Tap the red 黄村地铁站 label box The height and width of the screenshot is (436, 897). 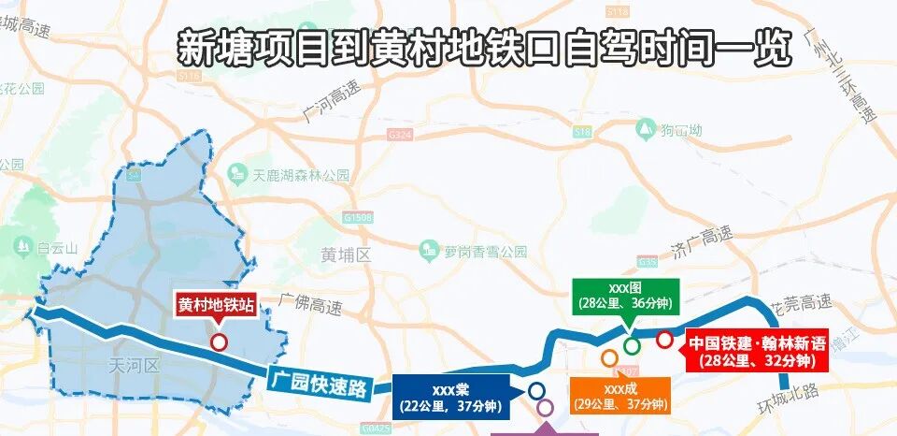pos(217,305)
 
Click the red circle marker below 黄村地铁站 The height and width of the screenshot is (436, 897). pos(219,342)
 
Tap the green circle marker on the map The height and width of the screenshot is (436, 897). pos(633,345)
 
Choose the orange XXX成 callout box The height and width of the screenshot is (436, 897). pos(621,397)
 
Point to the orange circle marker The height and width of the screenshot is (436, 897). pos(609,357)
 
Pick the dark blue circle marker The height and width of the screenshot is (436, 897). pos(536,389)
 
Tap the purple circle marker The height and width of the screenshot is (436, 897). pos(545,407)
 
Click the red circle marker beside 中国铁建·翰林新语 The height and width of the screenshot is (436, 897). pos(664,340)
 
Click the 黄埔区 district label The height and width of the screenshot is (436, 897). pos(346,254)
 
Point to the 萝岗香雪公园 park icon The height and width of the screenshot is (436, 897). pos(429,250)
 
